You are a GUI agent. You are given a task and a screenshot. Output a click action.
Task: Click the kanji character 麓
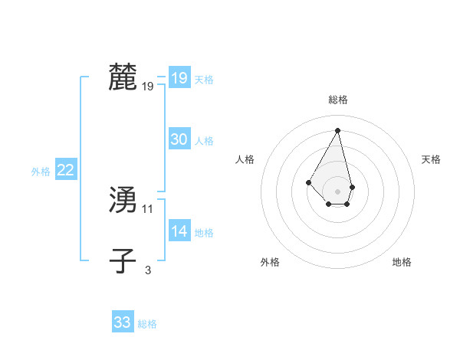(x=123, y=77)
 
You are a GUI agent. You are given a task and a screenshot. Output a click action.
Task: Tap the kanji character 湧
(x=123, y=200)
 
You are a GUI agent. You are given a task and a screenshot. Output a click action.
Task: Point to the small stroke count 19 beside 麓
(x=148, y=87)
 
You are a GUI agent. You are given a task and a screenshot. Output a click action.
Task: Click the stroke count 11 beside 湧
(x=148, y=208)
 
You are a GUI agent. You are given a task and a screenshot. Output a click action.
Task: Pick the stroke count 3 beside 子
(x=148, y=270)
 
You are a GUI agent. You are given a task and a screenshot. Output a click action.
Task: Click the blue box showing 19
(x=179, y=78)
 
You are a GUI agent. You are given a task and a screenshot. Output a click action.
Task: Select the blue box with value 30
(x=179, y=139)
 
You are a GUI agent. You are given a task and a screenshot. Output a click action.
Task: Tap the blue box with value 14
(x=179, y=231)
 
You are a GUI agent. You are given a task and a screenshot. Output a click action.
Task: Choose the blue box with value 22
(x=65, y=170)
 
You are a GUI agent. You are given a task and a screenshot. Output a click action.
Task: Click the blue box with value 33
(x=122, y=322)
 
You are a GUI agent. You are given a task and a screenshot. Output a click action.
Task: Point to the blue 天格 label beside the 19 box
(x=204, y=80)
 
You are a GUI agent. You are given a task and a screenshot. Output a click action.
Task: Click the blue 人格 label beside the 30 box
(x=204, y=141)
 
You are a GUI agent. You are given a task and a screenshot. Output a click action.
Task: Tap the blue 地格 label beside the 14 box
(x=204, y=233)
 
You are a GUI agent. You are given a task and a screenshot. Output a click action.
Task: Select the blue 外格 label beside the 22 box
(x=41, y=172)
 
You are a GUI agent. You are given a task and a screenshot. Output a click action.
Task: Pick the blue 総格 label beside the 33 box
(x=147, y=324)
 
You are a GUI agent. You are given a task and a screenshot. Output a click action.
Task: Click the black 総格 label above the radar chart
(x=338, y=100)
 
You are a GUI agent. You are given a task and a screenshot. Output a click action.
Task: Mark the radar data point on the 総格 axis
(x=338, y=129)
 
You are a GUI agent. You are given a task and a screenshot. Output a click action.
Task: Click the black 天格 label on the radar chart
(x=432, y=159)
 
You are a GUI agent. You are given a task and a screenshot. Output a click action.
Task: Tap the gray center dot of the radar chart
(x=338, y=191)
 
